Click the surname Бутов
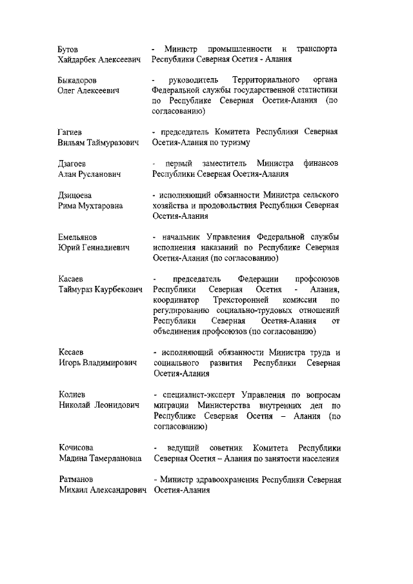point(68,49)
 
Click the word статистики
point(316,91)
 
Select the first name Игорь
point(70,363)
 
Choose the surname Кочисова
point(76,447)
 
